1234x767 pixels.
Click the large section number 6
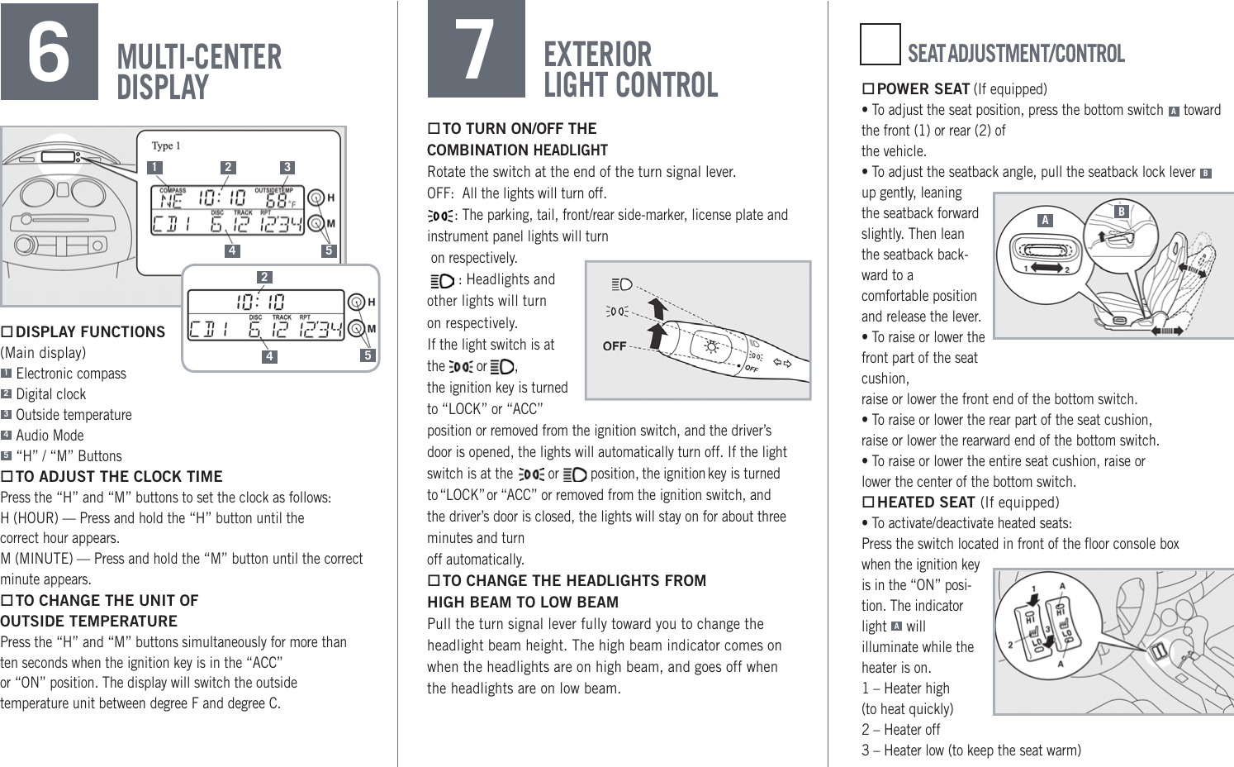[49, 52]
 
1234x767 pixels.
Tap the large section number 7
[476, 50]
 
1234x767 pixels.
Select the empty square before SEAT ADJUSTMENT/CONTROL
[880, 45]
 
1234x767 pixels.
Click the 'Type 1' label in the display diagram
[165, 145]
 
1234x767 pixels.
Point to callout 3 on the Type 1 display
[287, 167]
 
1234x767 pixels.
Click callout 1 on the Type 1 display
[154, 167]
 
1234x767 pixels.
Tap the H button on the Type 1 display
[316, 198]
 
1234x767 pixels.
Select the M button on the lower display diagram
[356, 329]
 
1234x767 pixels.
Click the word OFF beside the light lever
[614, 346]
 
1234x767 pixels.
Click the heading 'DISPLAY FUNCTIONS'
[90, 332]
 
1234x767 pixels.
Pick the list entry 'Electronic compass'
[71, 374]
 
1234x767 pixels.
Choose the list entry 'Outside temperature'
[74, 415]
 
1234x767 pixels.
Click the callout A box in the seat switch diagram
[1045, 220]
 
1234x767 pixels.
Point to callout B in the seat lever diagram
[1121, 212]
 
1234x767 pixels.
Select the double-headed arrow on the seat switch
[1047, 269]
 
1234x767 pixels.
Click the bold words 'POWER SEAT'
[923, 89]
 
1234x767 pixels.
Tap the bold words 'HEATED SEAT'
[925, 503]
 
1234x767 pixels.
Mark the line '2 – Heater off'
[900, 730]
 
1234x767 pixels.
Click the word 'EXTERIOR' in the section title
[597, 55]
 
